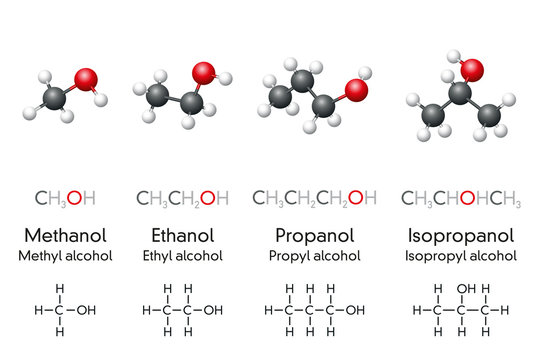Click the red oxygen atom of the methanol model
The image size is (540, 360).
pos(87,80)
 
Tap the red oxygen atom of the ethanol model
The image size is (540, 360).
pos(204,73)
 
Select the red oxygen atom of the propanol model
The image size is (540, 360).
pos(355,88)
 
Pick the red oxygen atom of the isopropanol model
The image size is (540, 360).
pos(471,70)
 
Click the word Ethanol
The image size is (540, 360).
pos(183,236)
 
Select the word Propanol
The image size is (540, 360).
pos(316,236)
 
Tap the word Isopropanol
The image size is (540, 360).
pos(461,236)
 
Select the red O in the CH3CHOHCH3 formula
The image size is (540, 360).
pos(466,197)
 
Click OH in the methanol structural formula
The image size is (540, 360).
pos(87,310)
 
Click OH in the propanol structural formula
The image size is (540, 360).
pos(356,310)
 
